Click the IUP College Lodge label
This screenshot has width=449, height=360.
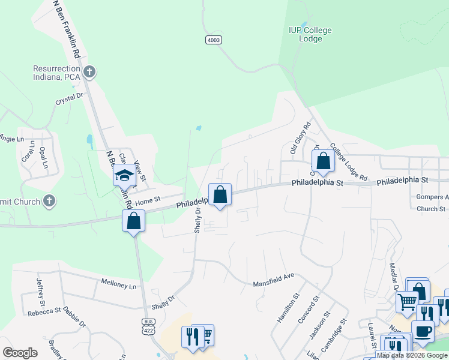pyautogui.click(x=310, y=34)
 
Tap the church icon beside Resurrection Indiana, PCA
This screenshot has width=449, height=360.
pyautogui.click(x=89, y=73)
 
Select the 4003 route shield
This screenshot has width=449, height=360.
pyautogui.click(x=213, y=40)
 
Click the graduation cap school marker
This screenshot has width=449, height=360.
pyautogui.click(x=125, y=175)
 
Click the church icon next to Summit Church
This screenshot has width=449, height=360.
pyautogui.click(x=49, y=202)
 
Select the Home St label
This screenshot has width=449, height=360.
pyautogui.click(x=149, y=200)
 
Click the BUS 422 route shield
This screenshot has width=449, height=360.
pyautogui.click(x=148, y=325)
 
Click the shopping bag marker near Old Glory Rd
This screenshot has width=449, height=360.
pyautogui.click(x=323, y=161)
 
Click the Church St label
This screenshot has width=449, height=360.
pyautogui.click(x=430, y=209)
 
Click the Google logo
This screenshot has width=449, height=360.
pyautogui.click(x=20, y=353)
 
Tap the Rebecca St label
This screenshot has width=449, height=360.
pyautogui.click(x=44, y=311)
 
